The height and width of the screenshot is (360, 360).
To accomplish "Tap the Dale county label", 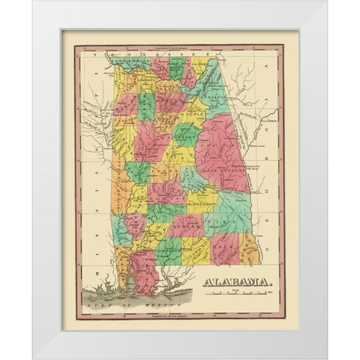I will [224, 251].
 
